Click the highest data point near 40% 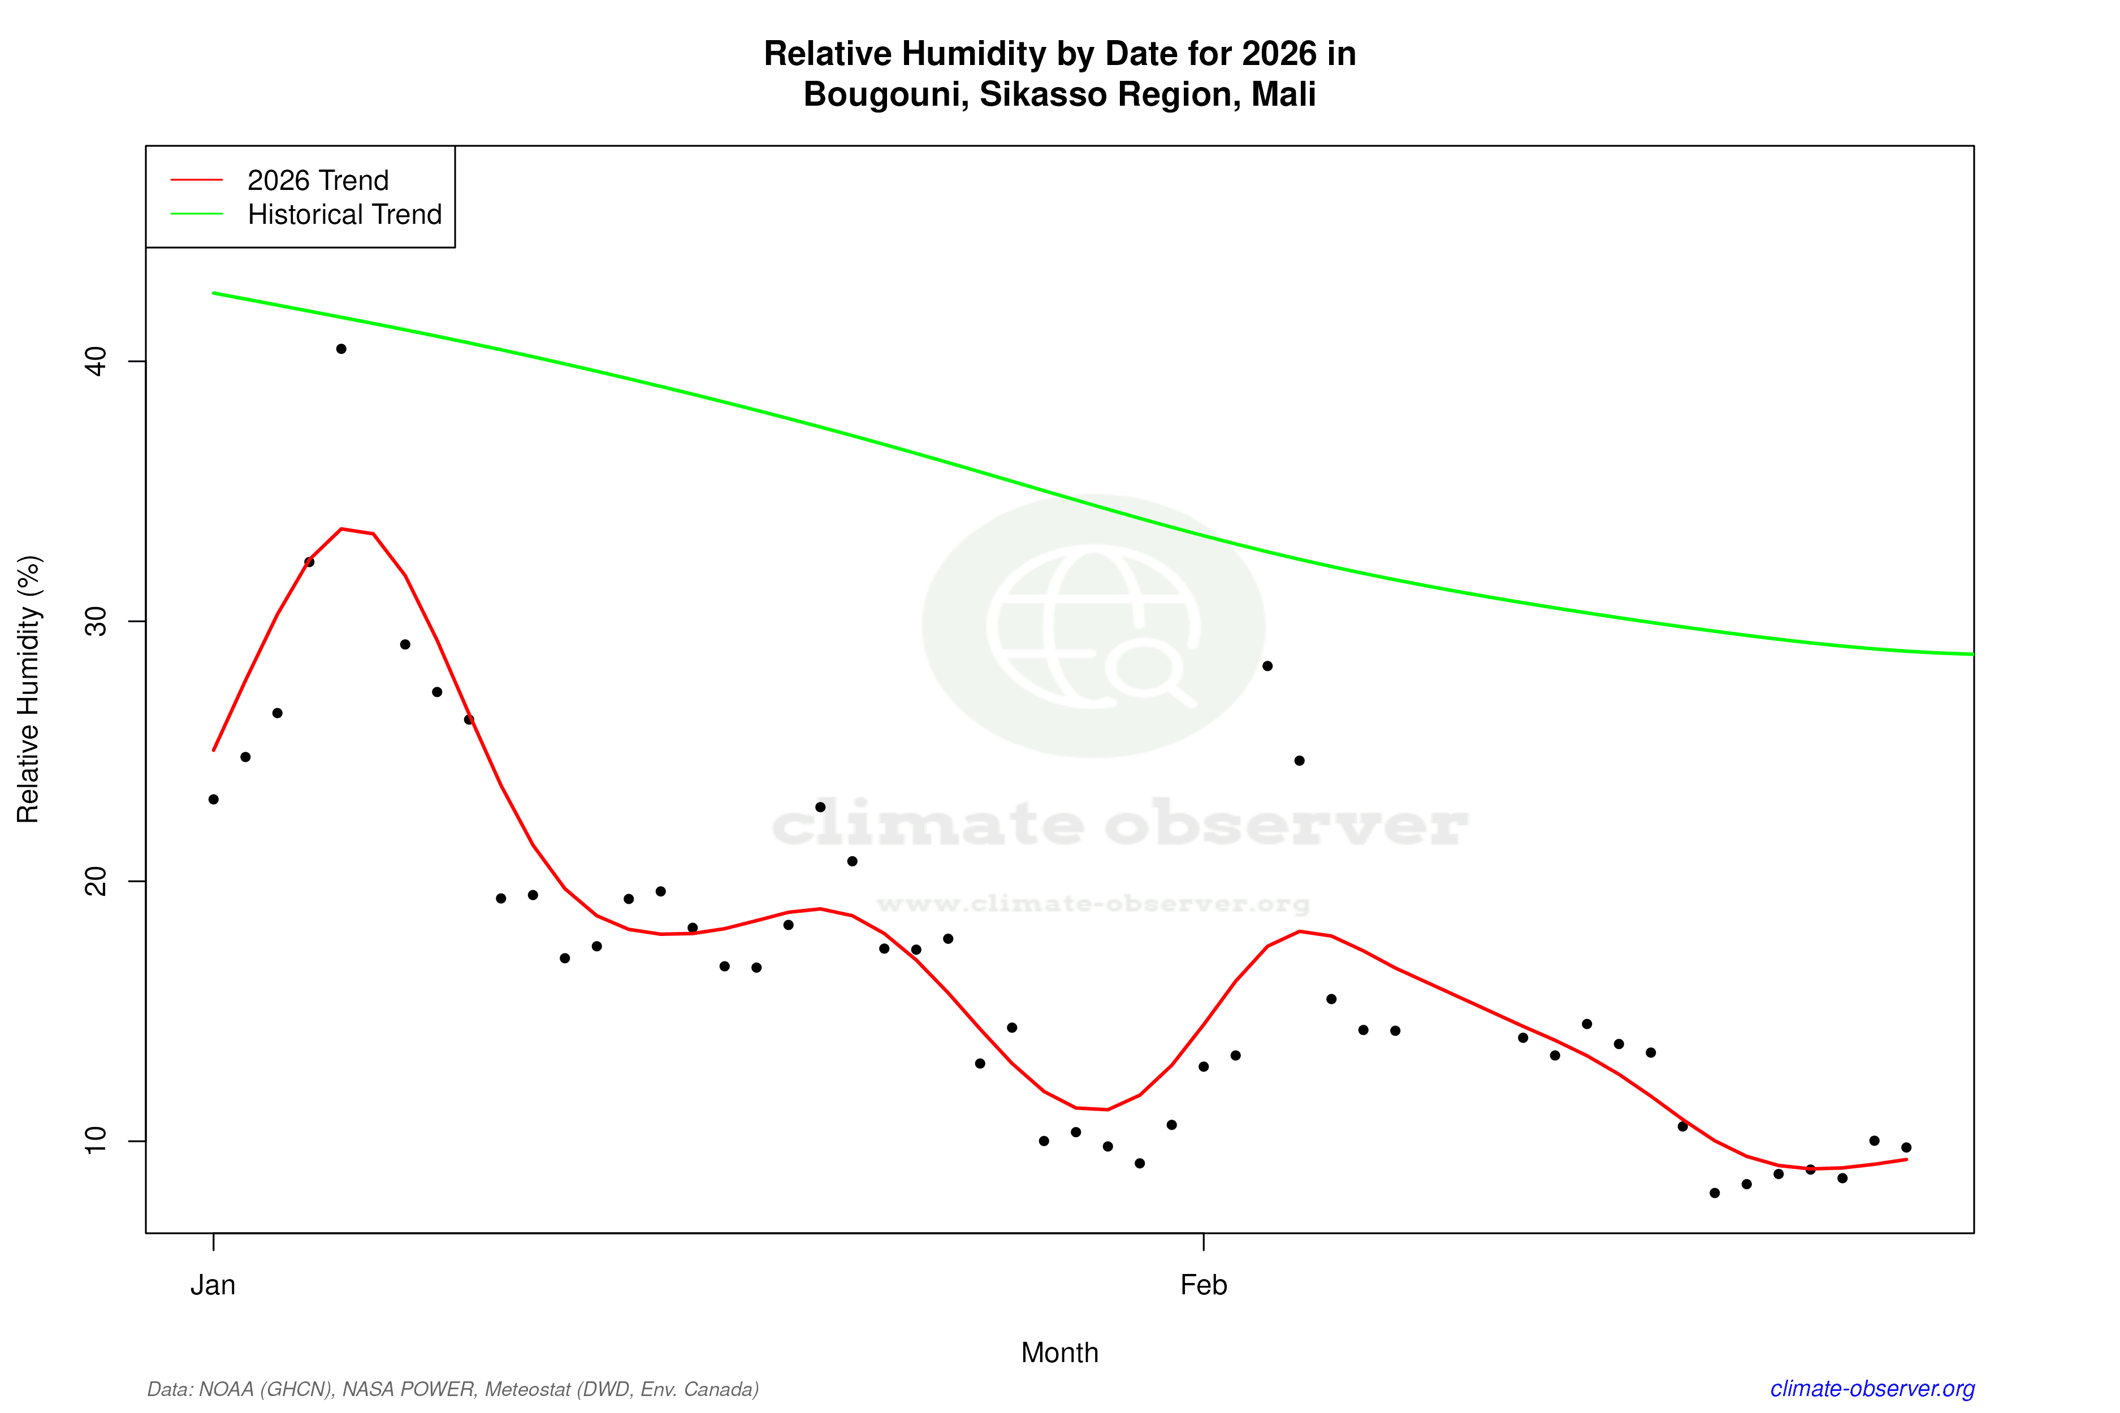tap(341, 349)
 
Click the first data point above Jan tap(214, 799)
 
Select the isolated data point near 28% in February tap(1267, 666)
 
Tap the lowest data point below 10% tap(1715, 1193)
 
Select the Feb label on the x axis tap(1204, 1285)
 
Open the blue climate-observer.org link tap(1872, 1389)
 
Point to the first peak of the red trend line tap(341, 529)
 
